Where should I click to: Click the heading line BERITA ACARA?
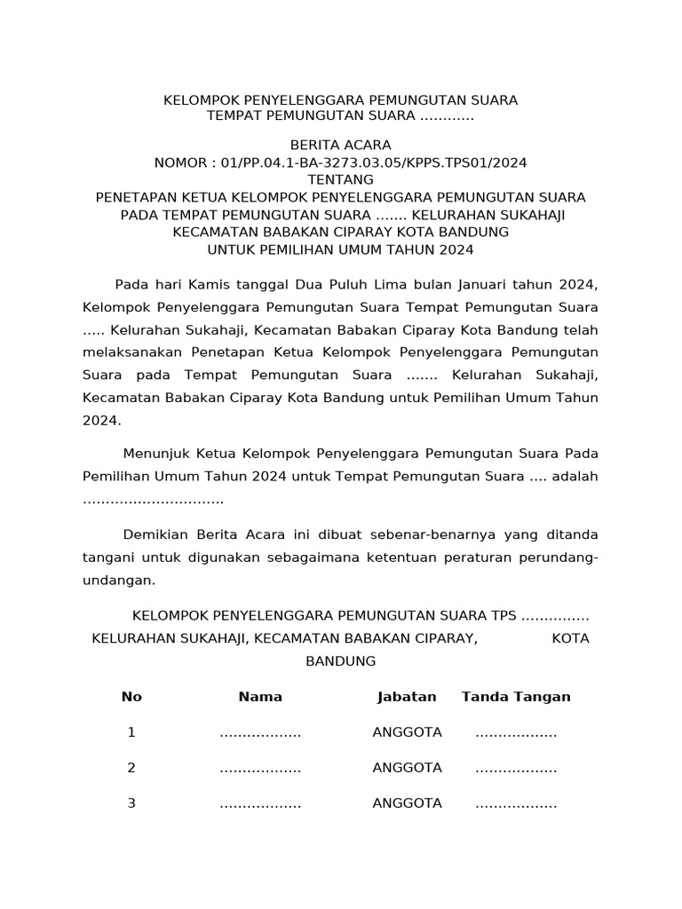(x=341, y=145)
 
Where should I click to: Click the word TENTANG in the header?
(x=341, y=179)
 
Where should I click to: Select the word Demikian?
(x=153, y=534)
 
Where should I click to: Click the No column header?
(x=131, y=697)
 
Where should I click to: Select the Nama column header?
(x=260, y=697)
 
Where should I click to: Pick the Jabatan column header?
(x=407, y=697)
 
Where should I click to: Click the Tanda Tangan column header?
(x=516, y=697)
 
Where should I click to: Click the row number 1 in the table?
(x=131, y=732)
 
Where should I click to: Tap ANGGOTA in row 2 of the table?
(x=407, y=768)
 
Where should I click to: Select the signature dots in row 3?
(x=516, y=804)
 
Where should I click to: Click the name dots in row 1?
(x=260, y=733)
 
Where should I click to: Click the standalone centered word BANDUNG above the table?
(x=341, y=661)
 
